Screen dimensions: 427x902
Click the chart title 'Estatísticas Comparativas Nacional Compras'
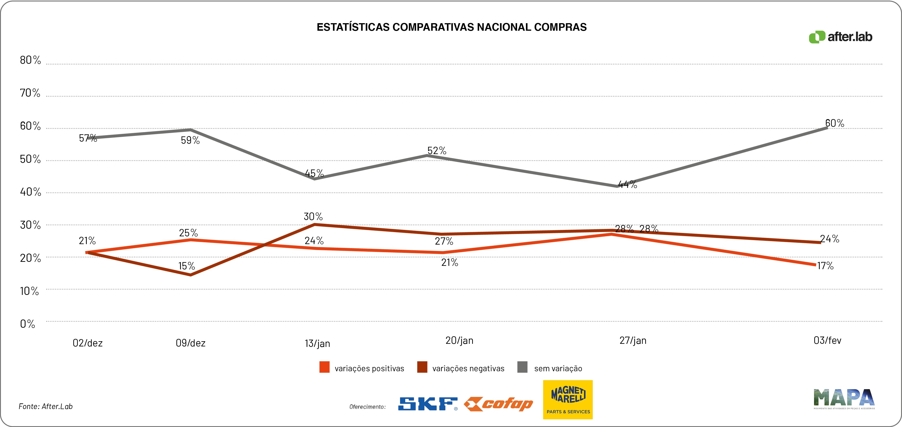point(451,27)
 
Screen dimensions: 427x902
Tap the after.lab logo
point(840,37)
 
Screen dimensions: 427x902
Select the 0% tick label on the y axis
point(27,324)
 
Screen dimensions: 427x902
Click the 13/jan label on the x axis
point(317,343)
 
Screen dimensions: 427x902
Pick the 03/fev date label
point(827,340)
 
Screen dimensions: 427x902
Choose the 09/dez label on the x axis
point(191,343)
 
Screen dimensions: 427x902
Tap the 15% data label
point(187,266)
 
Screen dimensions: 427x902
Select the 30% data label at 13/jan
point(313,217)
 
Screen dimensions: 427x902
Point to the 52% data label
point(437,151)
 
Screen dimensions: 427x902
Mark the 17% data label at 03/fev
point(825,266)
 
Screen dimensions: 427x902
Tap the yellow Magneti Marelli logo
point(568,399)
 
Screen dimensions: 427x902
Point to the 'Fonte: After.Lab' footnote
point(46,406)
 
